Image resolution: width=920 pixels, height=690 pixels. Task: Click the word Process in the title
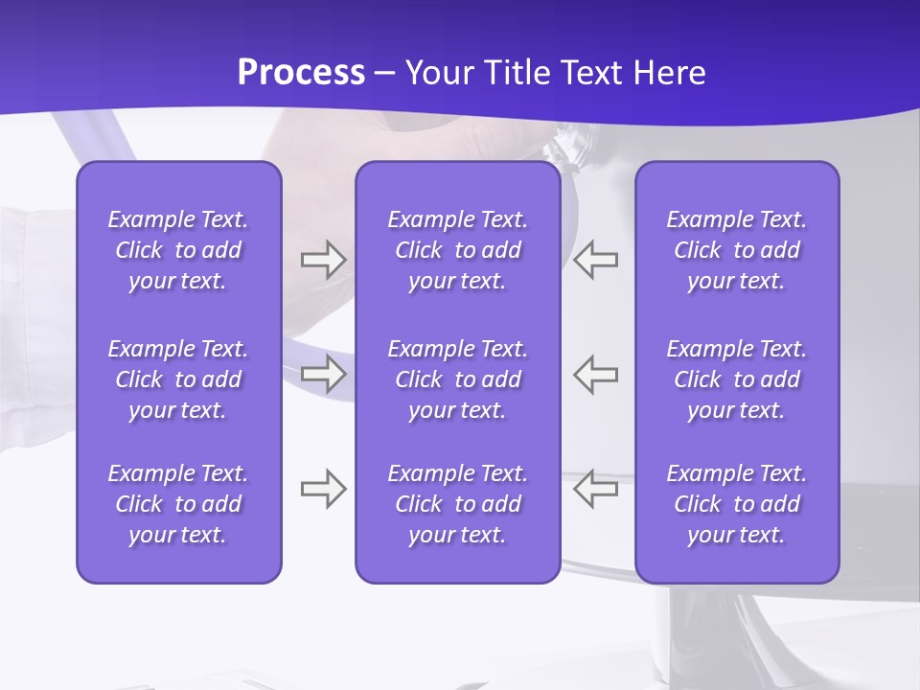click(301, 73)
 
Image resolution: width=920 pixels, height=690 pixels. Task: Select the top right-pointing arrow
click(323, 260)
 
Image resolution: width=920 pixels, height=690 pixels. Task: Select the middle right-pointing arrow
click(323, 374)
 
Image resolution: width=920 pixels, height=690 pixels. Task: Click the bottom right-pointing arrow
click(323, 489)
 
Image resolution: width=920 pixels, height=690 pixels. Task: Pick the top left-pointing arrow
click(596, 260)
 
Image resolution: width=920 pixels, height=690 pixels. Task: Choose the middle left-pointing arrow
click(596, 374)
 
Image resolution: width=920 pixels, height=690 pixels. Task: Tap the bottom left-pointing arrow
click(596, 489)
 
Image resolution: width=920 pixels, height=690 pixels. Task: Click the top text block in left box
click(178, 250)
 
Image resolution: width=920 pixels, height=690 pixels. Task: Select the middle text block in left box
click(178, 379)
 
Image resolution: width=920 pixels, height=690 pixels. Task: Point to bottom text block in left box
click(178, 504)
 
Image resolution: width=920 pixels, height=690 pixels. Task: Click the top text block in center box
click(457, 250)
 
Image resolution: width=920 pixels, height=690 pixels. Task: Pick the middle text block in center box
click(457, 379)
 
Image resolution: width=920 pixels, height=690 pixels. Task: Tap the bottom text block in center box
click(457, 504)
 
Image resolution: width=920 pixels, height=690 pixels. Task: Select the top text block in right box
click(737, 250)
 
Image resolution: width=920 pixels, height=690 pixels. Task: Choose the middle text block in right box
click(737, 379)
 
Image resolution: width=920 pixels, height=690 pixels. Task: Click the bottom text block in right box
click(737, 504)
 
